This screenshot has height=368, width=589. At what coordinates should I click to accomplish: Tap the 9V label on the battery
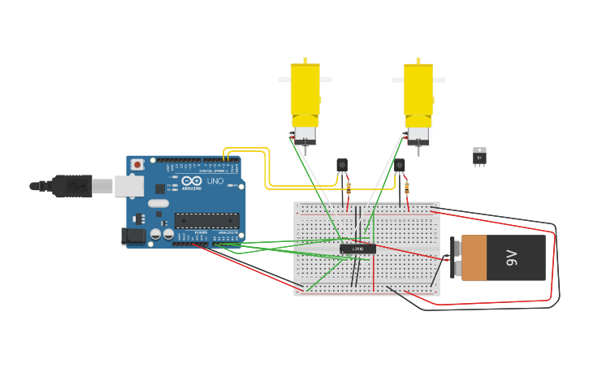(511, 258)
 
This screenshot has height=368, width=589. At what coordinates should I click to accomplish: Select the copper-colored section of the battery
(474, 258)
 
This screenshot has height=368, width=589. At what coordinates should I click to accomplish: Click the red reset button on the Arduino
(137, 165)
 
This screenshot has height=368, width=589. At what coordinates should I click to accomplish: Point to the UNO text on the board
(215, 181)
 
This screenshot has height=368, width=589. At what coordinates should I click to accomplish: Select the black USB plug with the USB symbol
(73, 186)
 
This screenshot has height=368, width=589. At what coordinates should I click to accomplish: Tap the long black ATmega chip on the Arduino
(206, 220)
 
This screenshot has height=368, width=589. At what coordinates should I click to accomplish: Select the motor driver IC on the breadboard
(357, 249)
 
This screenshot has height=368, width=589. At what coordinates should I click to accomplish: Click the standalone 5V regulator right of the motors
(479, 157)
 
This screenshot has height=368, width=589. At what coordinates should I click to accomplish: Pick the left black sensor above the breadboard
(342, 165)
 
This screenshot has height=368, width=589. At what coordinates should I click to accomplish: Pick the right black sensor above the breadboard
(399, 166)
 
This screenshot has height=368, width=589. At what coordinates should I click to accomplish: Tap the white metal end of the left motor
(305, 135)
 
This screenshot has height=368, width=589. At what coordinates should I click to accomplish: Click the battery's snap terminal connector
(448, 258)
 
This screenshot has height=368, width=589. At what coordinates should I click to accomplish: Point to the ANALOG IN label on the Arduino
(227, 233)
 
